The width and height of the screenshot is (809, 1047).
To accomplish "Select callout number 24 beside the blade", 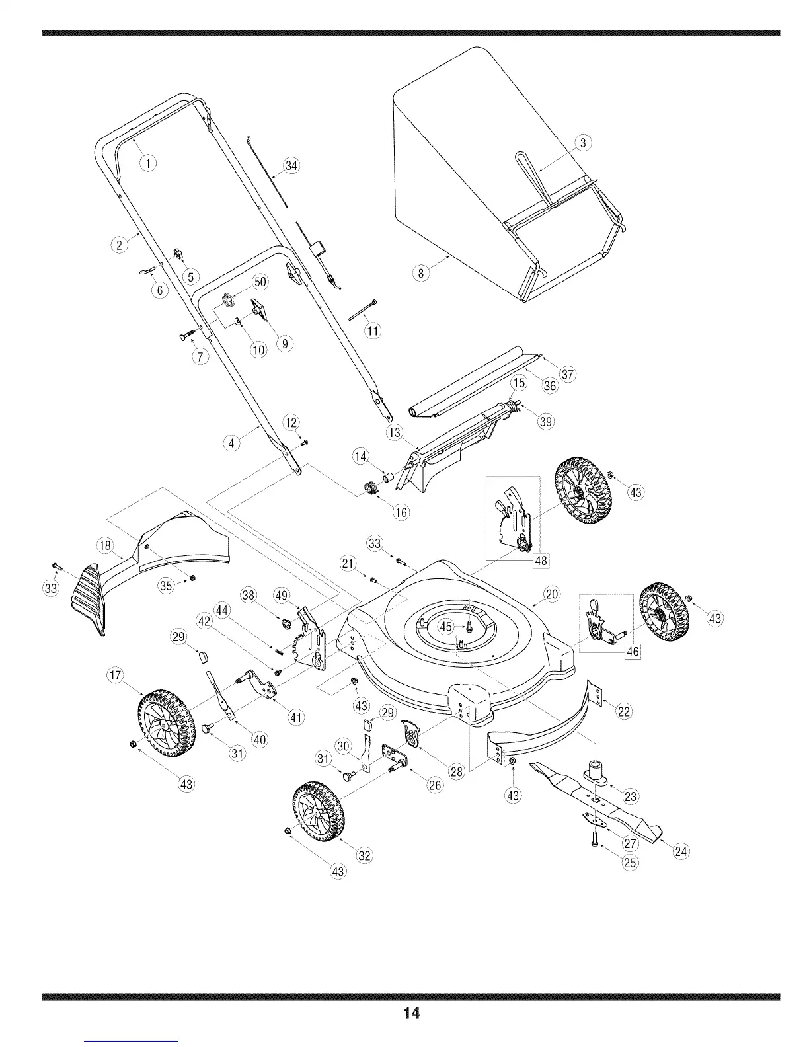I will (681, 851).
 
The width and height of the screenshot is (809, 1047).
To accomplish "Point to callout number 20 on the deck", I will (551, 594).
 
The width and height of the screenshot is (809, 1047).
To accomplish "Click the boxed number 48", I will (541, 561).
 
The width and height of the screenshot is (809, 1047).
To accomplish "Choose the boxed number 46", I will (633, 652).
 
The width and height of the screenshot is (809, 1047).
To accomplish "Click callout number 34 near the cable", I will (291, 166).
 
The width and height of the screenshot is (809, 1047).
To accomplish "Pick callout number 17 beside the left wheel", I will (116, 675).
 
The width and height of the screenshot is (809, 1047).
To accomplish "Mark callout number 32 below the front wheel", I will (363, 855).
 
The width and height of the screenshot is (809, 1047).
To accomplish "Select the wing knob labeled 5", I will (177, 254).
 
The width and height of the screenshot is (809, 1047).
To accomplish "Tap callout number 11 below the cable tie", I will (373, 330).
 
